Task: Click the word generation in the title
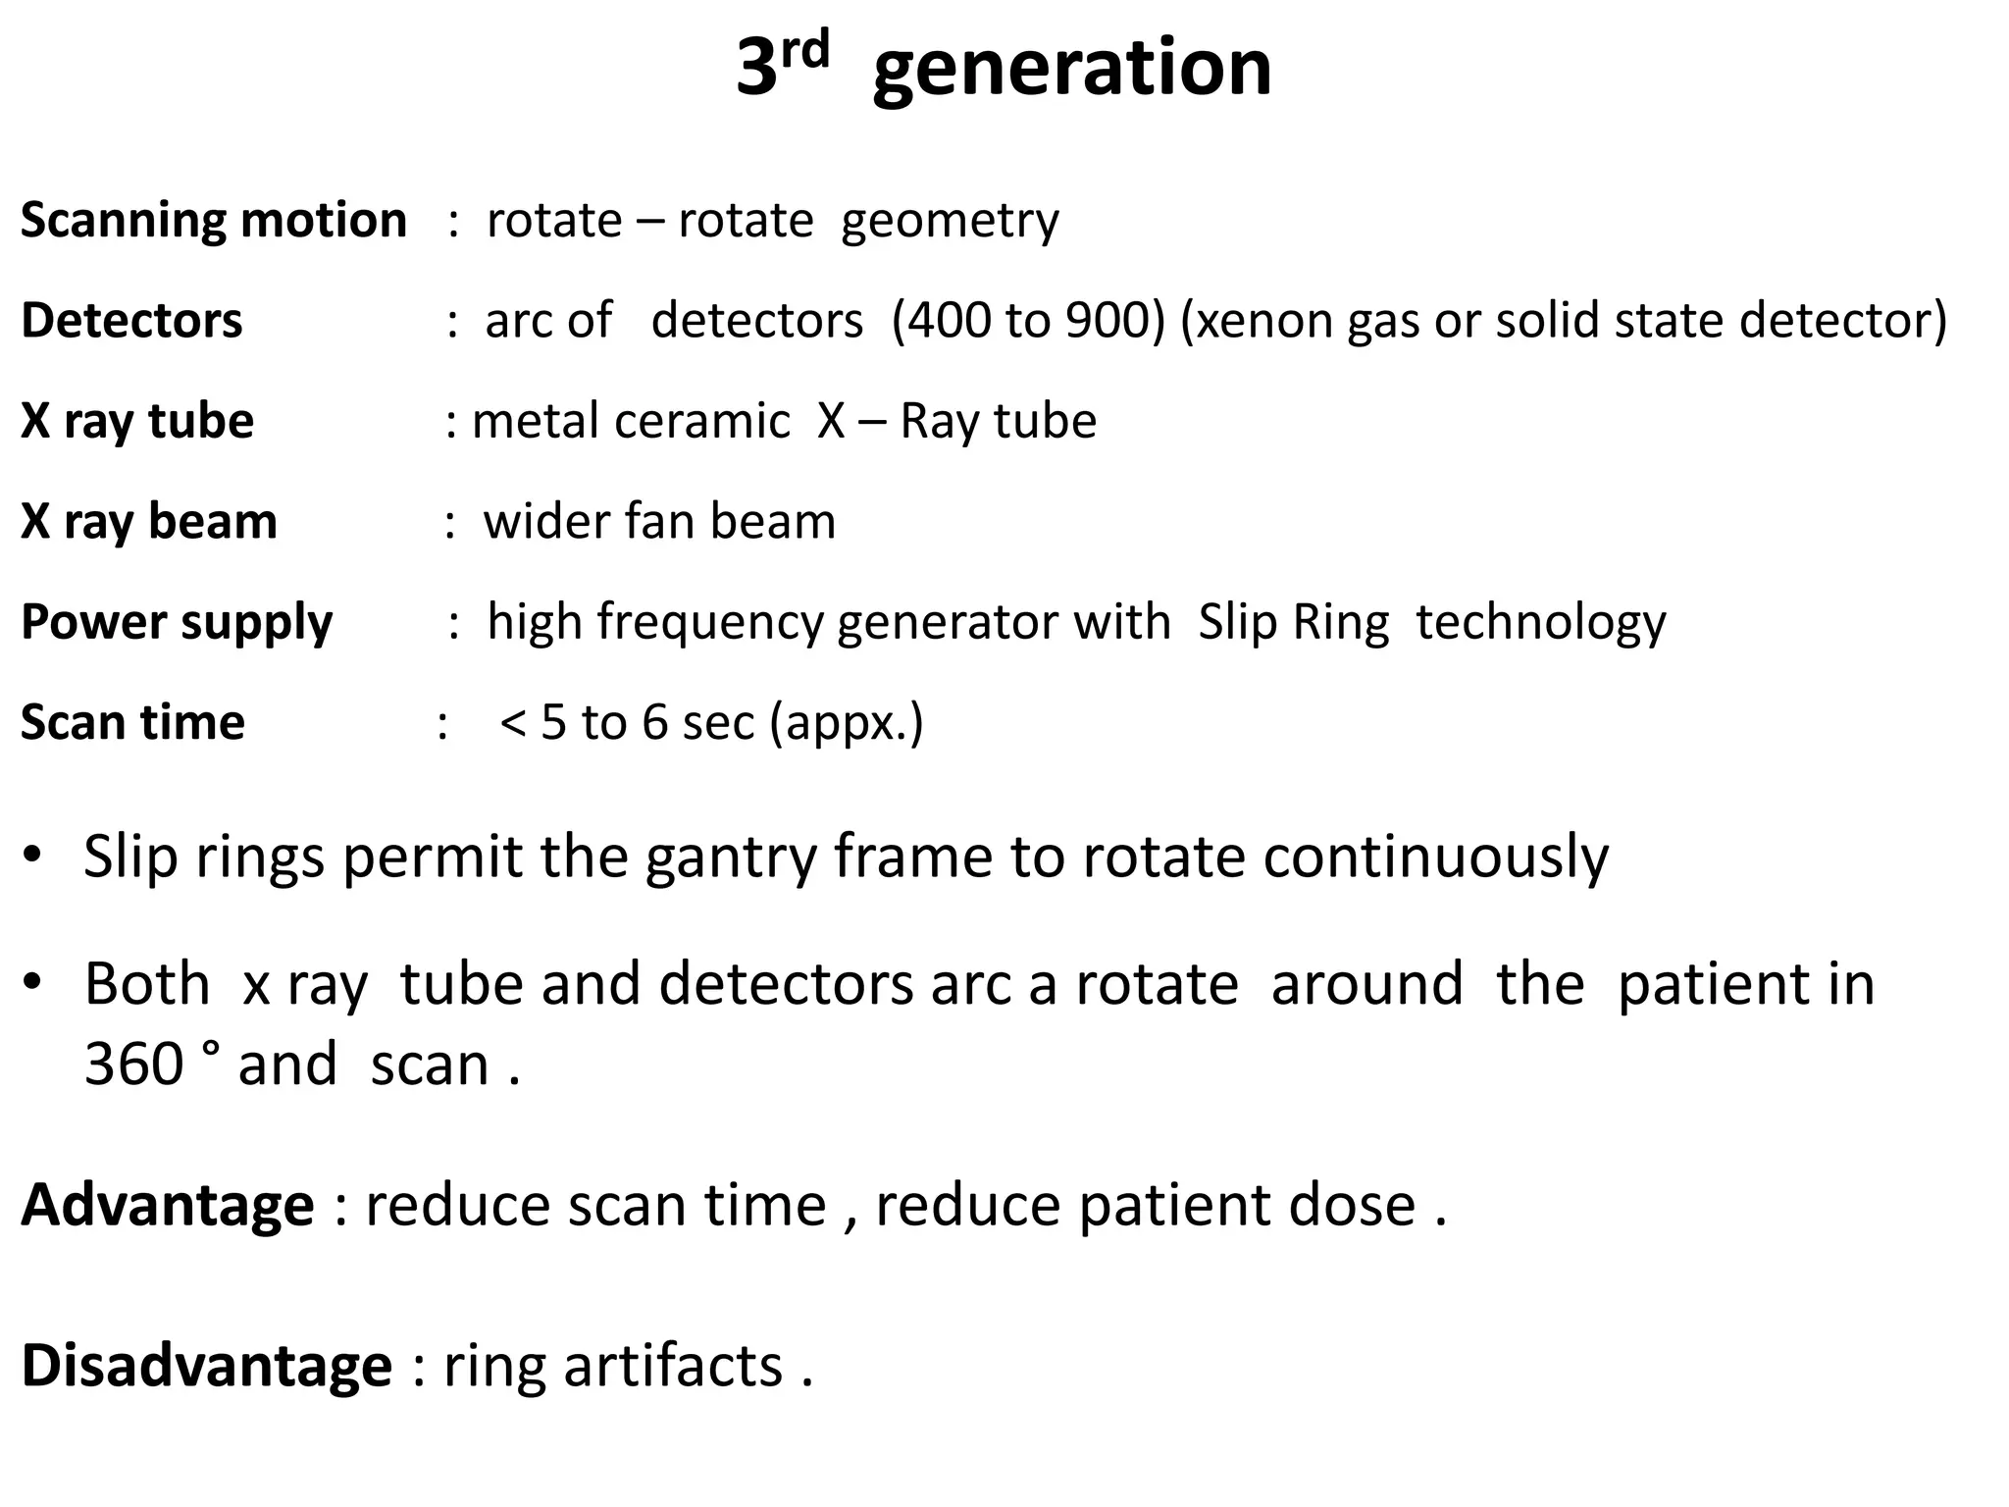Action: [x=1071, y=69]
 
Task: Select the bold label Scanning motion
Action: [x=213, y=220]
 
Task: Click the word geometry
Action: [x=950, y=222]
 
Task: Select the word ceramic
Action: [x=701, y=421]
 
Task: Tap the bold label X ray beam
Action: [x=149, y=521]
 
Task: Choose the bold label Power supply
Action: [x=177, y=623]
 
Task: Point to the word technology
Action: [x=1540, y=623]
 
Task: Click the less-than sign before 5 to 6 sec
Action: [x=513, y=723]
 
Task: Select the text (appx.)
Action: [x=847, y=724]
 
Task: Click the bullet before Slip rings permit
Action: [x=32, y=855]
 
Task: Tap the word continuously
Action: [x=1435, y=857]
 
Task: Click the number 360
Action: [x=134, y=1064]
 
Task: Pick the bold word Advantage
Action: [x=168, y=1205]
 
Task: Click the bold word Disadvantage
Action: [x=206, y=1366]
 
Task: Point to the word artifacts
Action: [x=672, y=1366]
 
